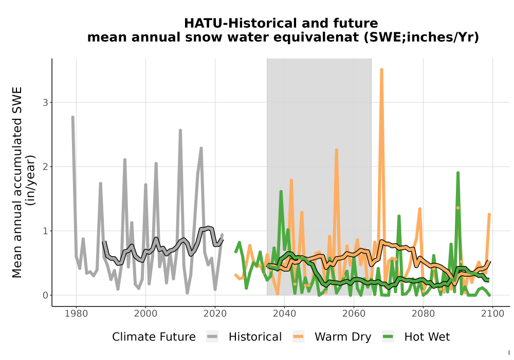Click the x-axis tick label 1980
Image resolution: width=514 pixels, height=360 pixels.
pos(77,314)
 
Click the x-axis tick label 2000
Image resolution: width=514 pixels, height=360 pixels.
pos(145,314)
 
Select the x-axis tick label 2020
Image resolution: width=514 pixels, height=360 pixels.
pos(215,314)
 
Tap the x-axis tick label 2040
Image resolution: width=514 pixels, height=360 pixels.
pos(285,314)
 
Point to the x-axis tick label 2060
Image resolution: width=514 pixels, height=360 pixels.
pos(354,314)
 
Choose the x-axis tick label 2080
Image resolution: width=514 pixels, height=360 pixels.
pos(423,314)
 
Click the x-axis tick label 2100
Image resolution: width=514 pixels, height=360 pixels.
pos(492,314)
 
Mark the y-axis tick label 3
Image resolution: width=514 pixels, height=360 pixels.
pos(45,103)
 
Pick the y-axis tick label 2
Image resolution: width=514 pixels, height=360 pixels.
pos(45,167)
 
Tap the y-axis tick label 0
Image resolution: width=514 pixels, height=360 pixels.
pos(45,295)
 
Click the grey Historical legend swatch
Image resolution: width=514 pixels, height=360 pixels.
pos(212,337)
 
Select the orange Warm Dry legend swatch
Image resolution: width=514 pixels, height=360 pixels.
pos(298,337)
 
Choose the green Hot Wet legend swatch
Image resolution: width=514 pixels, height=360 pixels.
pos(388,337)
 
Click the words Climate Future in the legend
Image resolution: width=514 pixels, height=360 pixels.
pos(154,337)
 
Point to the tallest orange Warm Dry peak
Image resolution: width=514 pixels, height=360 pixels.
pos(381,69)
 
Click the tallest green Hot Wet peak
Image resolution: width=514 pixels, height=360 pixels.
pos(458,173)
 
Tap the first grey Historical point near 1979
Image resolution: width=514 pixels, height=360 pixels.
pos(73,117)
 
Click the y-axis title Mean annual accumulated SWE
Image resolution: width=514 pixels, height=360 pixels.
pos(17,182)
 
